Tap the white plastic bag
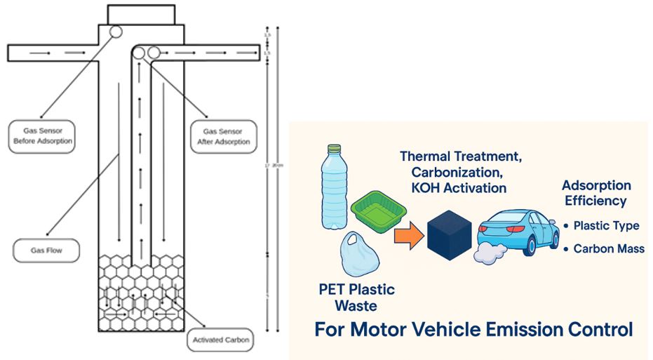[358, 256]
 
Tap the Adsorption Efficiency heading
[596, 194]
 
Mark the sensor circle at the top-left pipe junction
[115, 32]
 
